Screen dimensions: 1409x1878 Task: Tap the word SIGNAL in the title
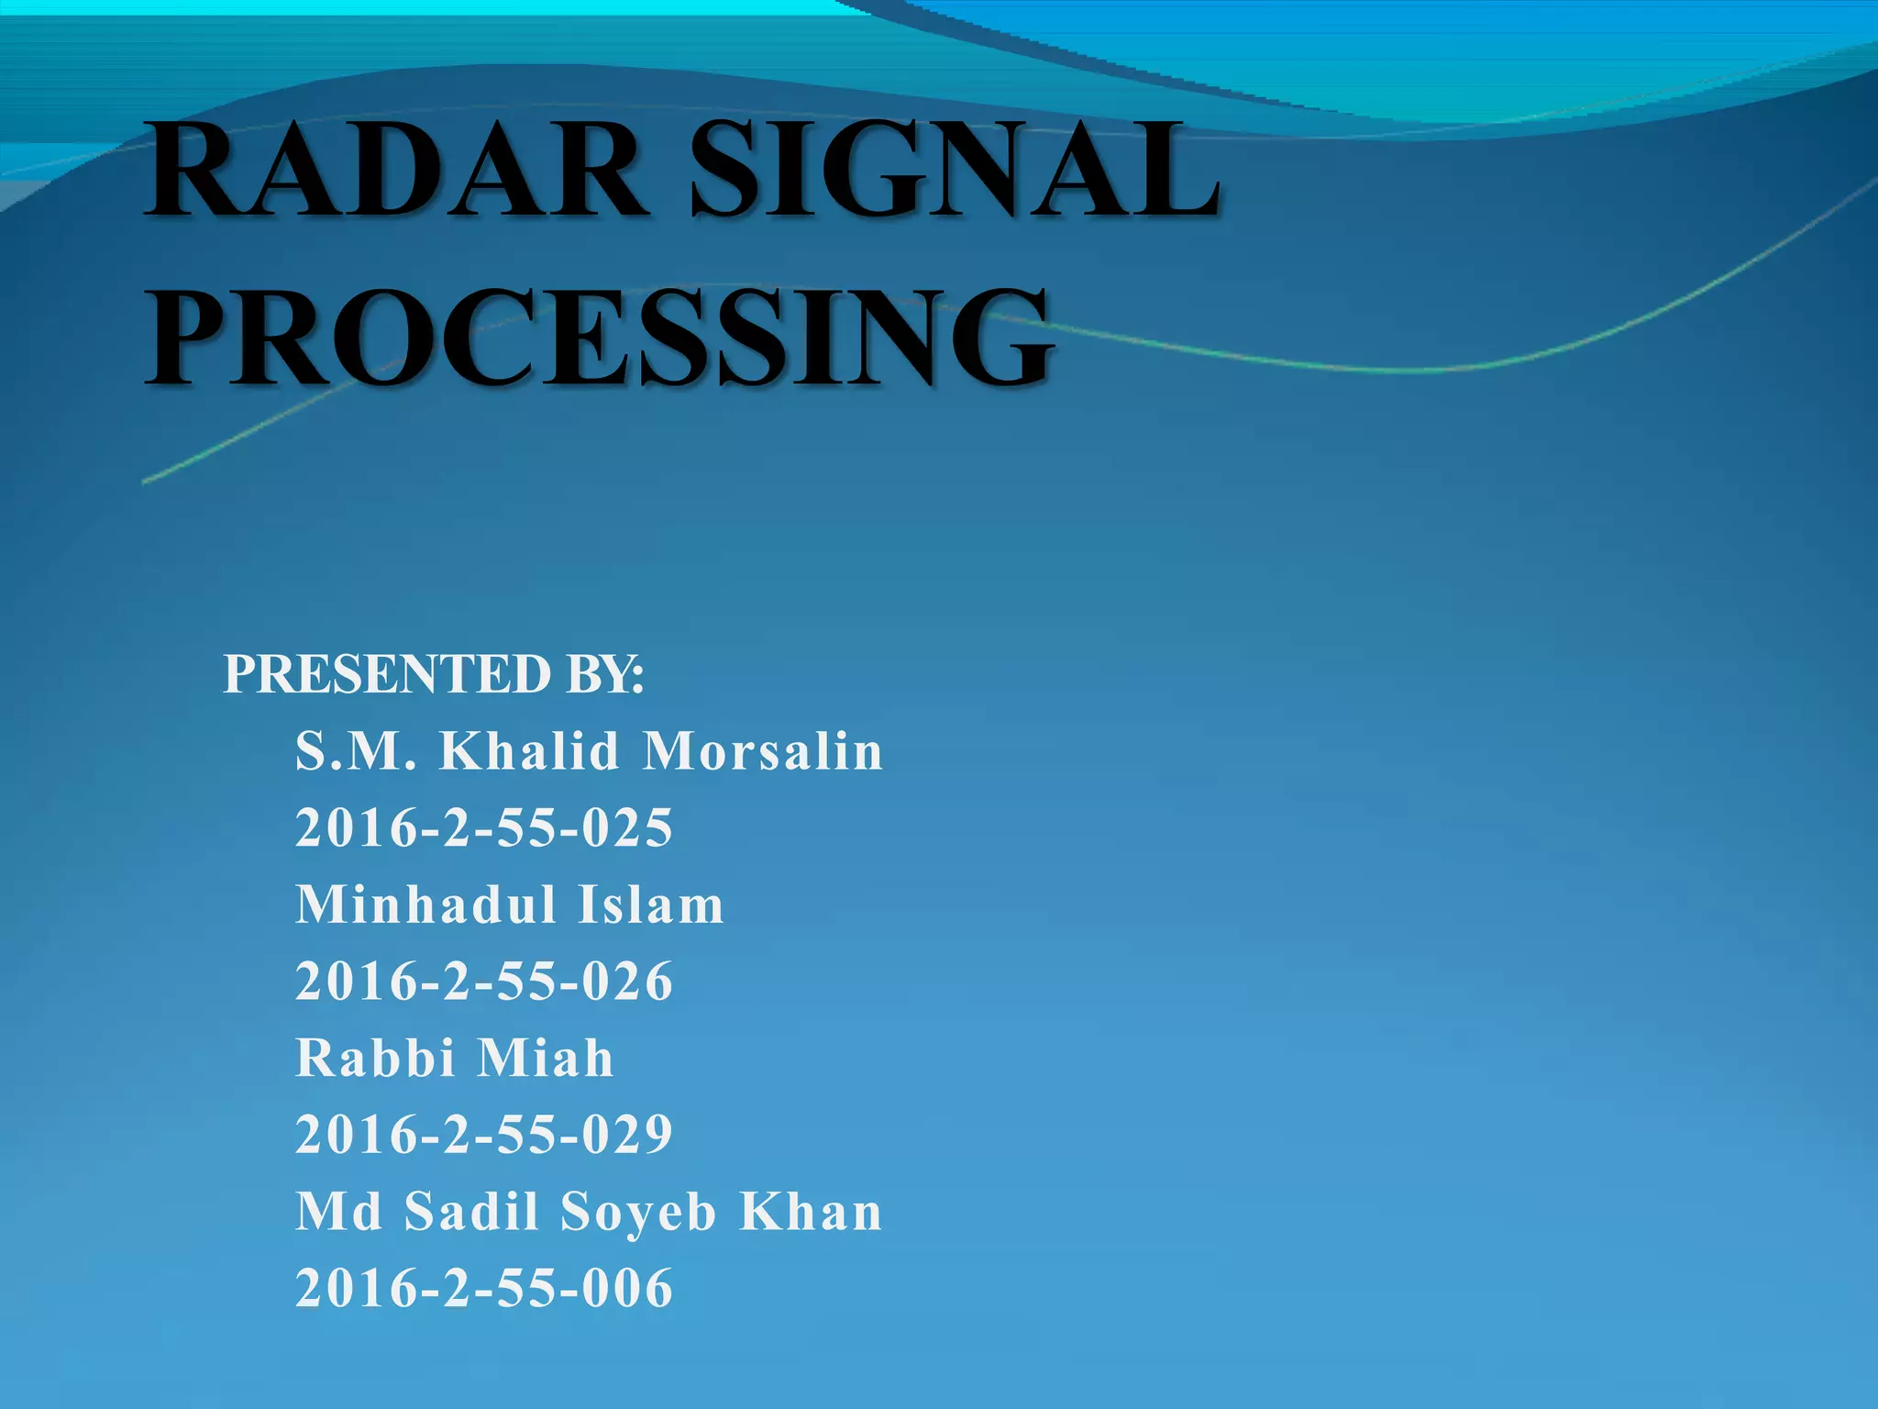coord(954,172)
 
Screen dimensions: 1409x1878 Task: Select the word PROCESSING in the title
coord(598,338)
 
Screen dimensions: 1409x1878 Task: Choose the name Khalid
coord(530,751)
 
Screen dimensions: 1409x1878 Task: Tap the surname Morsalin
coord(763,751)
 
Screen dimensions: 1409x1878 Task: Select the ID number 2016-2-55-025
coord(484,828)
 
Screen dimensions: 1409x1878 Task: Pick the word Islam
coord(651,904)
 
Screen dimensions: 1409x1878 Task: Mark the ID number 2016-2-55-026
coord(484,982)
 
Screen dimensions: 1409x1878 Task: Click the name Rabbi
coord(375,1058)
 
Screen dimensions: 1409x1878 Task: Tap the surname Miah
coord(546,1058)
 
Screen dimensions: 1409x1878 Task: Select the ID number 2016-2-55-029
coord(484,1135)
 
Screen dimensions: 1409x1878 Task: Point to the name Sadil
coord(471,1212)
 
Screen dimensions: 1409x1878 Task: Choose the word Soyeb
coord(638,1212)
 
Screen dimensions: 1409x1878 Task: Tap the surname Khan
coord(811,1212)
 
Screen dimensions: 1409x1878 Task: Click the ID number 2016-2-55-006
coord(484,1288)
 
